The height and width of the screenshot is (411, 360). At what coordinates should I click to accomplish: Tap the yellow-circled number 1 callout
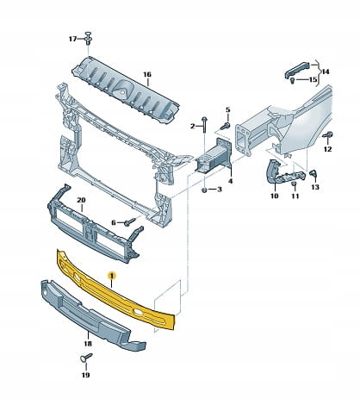pos(111,276)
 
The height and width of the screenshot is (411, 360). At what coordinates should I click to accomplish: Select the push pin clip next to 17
pos(88,37)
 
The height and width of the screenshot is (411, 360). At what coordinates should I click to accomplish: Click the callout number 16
pos(147,75)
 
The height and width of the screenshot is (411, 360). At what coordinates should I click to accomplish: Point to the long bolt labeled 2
pos(204,124)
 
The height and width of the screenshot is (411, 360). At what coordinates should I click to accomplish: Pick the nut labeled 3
pos(204,190)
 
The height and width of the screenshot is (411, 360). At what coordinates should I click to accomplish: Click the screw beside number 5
pos(226,126)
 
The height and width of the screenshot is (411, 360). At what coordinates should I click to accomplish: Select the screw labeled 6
pos(130,221)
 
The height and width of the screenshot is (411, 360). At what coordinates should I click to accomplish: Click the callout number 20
pos(81,200)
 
